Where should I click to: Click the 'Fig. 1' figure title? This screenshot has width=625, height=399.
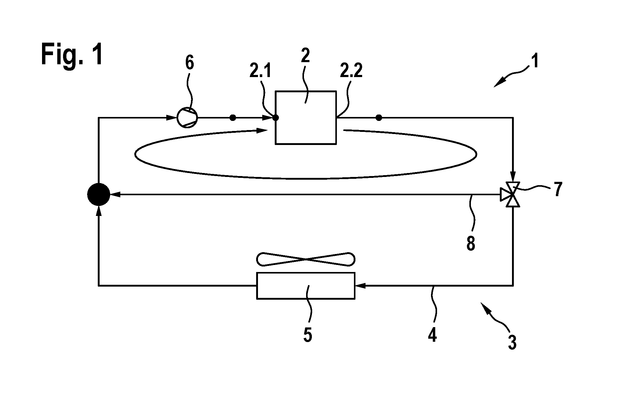point(72,54)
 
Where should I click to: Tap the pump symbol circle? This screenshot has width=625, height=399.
point(187,118)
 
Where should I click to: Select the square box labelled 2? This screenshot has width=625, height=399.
point(306,117)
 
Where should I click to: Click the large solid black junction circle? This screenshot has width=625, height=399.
point(99,195)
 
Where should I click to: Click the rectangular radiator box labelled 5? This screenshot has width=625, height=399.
point(306,286)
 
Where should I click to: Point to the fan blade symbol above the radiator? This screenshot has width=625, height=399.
point(306,259)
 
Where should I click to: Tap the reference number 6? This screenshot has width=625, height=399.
point(189,63)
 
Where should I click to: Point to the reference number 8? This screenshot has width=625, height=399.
point(471,244)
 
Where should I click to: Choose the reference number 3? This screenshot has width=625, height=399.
point(512,342)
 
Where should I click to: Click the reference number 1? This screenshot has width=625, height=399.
point(535,61)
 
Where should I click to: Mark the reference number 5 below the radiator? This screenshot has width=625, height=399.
point(308,335)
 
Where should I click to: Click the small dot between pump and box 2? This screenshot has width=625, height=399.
point(233,118)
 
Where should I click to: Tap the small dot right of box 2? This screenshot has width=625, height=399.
point(379,118)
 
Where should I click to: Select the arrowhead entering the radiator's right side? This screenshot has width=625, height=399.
point(360,286)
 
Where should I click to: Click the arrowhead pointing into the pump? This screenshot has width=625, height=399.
point(172,118)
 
